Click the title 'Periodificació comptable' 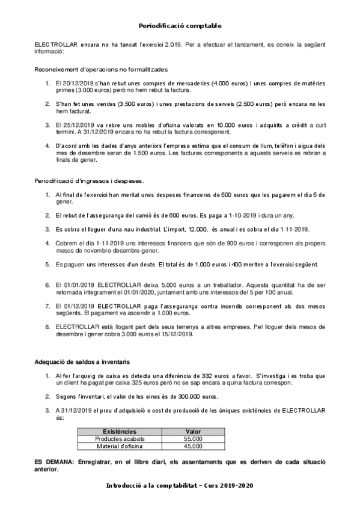click(x=180, y=26)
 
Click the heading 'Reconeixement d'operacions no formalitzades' click(x=102, y=70)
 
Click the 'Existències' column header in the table click(x=120, y=432)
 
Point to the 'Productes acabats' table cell click(x=120, y=439)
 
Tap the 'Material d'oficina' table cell click(x=120, y=446)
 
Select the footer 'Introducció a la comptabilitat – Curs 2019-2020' click(x=180, y=485)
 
